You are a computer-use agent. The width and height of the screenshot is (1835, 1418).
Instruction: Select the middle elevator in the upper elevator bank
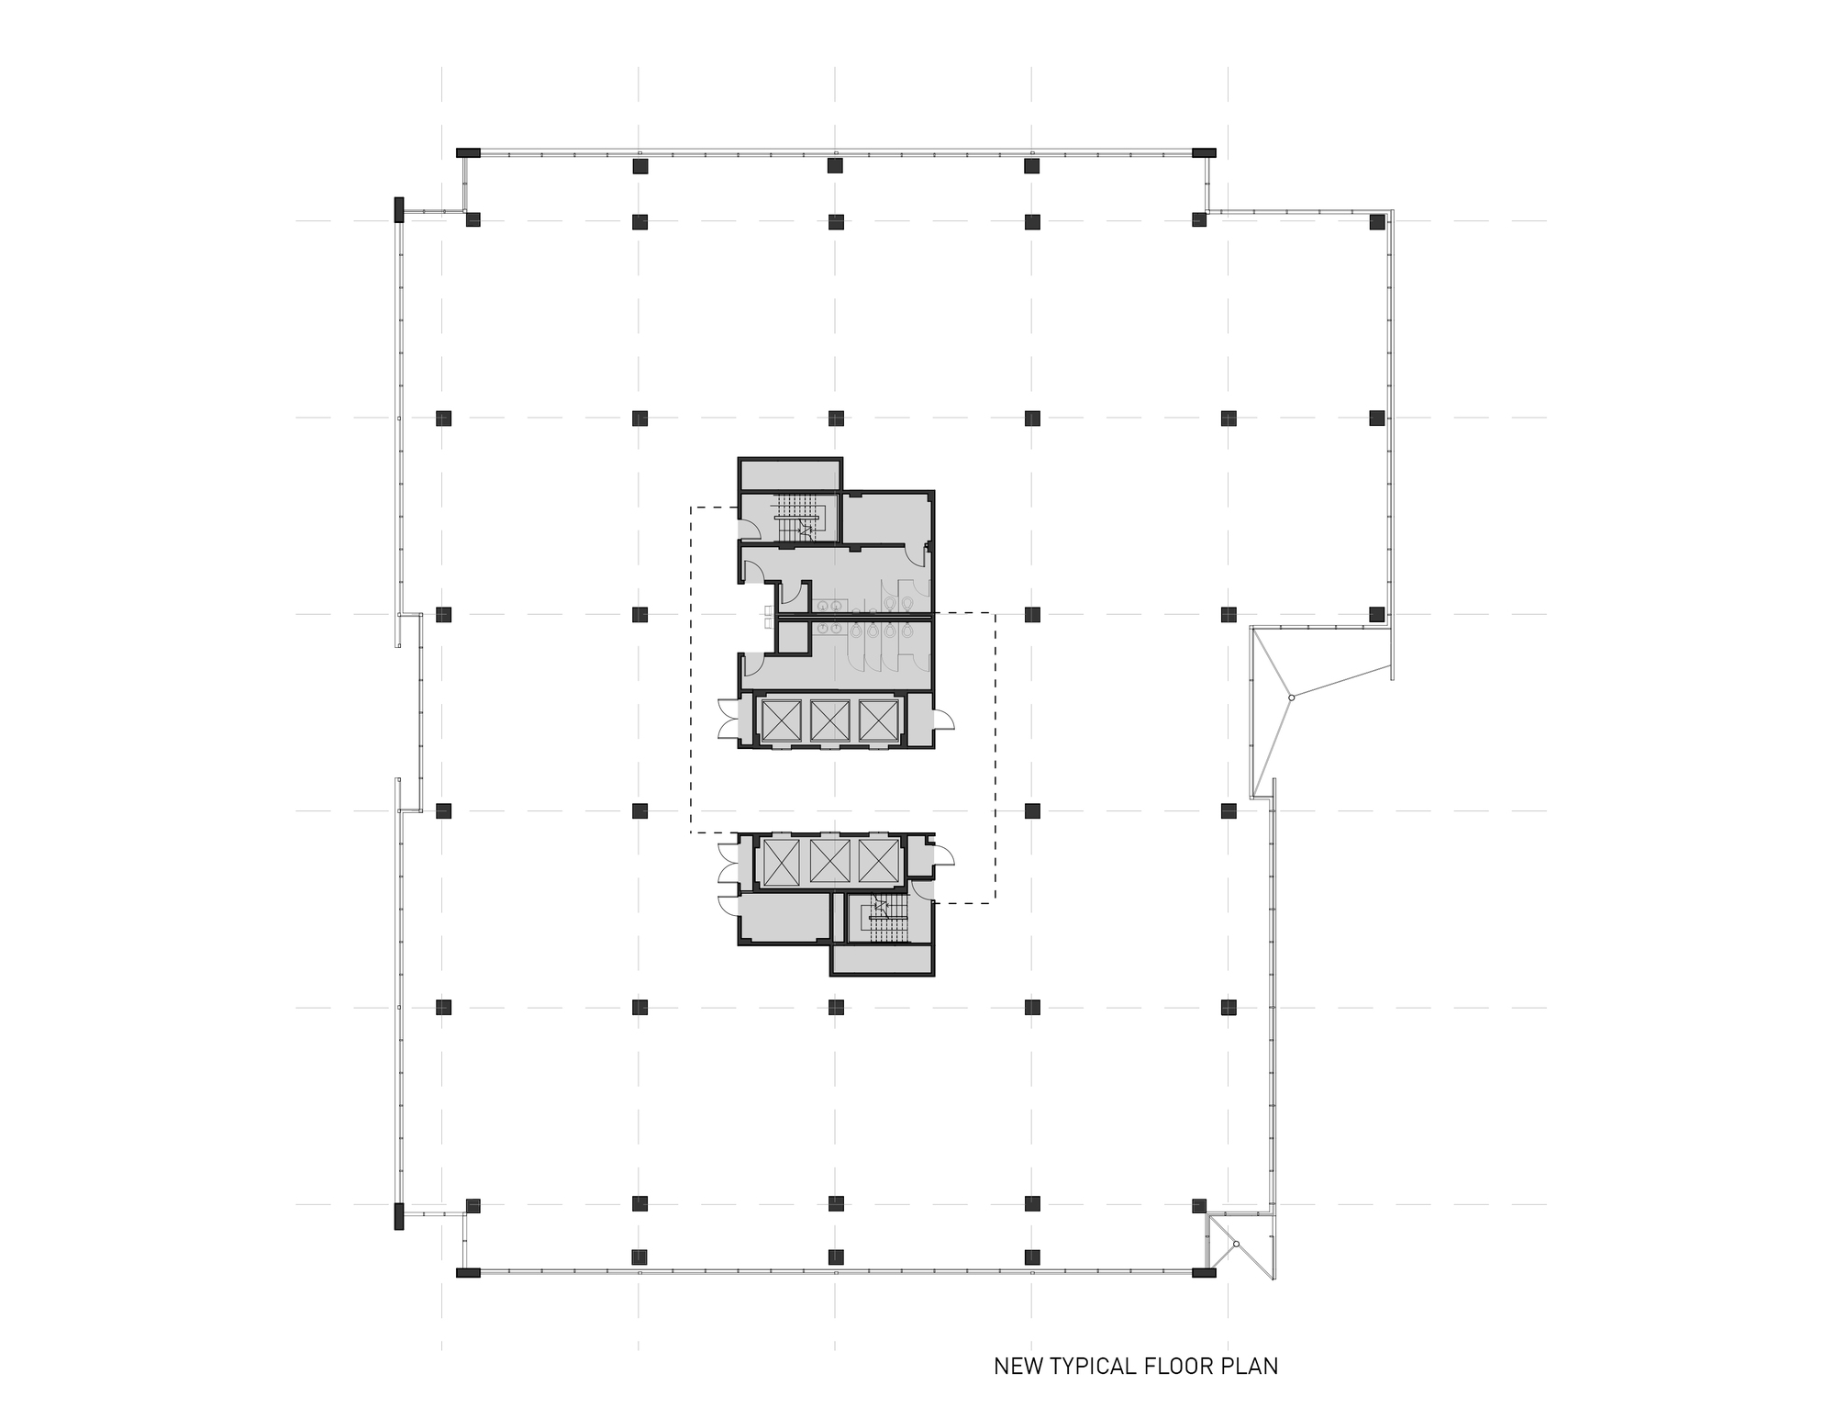(x=828, y=720)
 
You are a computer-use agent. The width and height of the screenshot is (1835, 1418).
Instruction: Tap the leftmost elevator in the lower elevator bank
(x=780, y=862)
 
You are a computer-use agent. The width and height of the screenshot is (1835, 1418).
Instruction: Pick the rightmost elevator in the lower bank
(x=876, y=862)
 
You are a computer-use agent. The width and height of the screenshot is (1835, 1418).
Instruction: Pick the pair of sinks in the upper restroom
(x=830, y=606)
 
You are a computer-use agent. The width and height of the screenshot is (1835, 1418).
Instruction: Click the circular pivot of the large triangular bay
(x=1291, y=698)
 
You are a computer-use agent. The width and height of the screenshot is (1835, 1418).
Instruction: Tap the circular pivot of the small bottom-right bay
(x=1236, y=1244)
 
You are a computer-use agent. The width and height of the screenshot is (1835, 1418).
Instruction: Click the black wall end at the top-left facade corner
(x=468, y=152)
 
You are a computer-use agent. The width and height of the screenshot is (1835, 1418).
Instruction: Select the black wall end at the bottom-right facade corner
(x=1204, y=1273)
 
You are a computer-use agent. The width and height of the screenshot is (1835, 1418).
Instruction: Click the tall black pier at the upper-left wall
(x=398, y=209)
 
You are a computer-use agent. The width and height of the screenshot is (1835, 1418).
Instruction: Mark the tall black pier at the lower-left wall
(x=398, y=1216)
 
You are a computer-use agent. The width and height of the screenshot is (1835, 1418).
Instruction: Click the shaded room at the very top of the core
(x=790, y=475)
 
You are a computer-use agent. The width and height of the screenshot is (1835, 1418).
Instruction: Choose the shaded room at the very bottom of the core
(x=882, y=959)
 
